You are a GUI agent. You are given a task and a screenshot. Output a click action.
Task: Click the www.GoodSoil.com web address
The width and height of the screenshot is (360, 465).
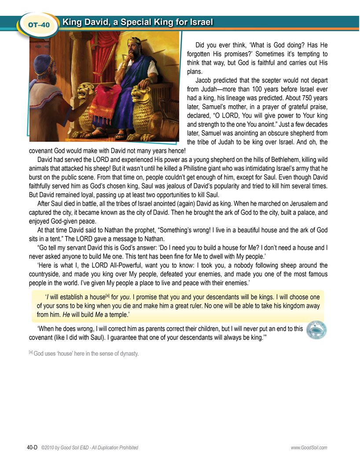click(x=309, y=448)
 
